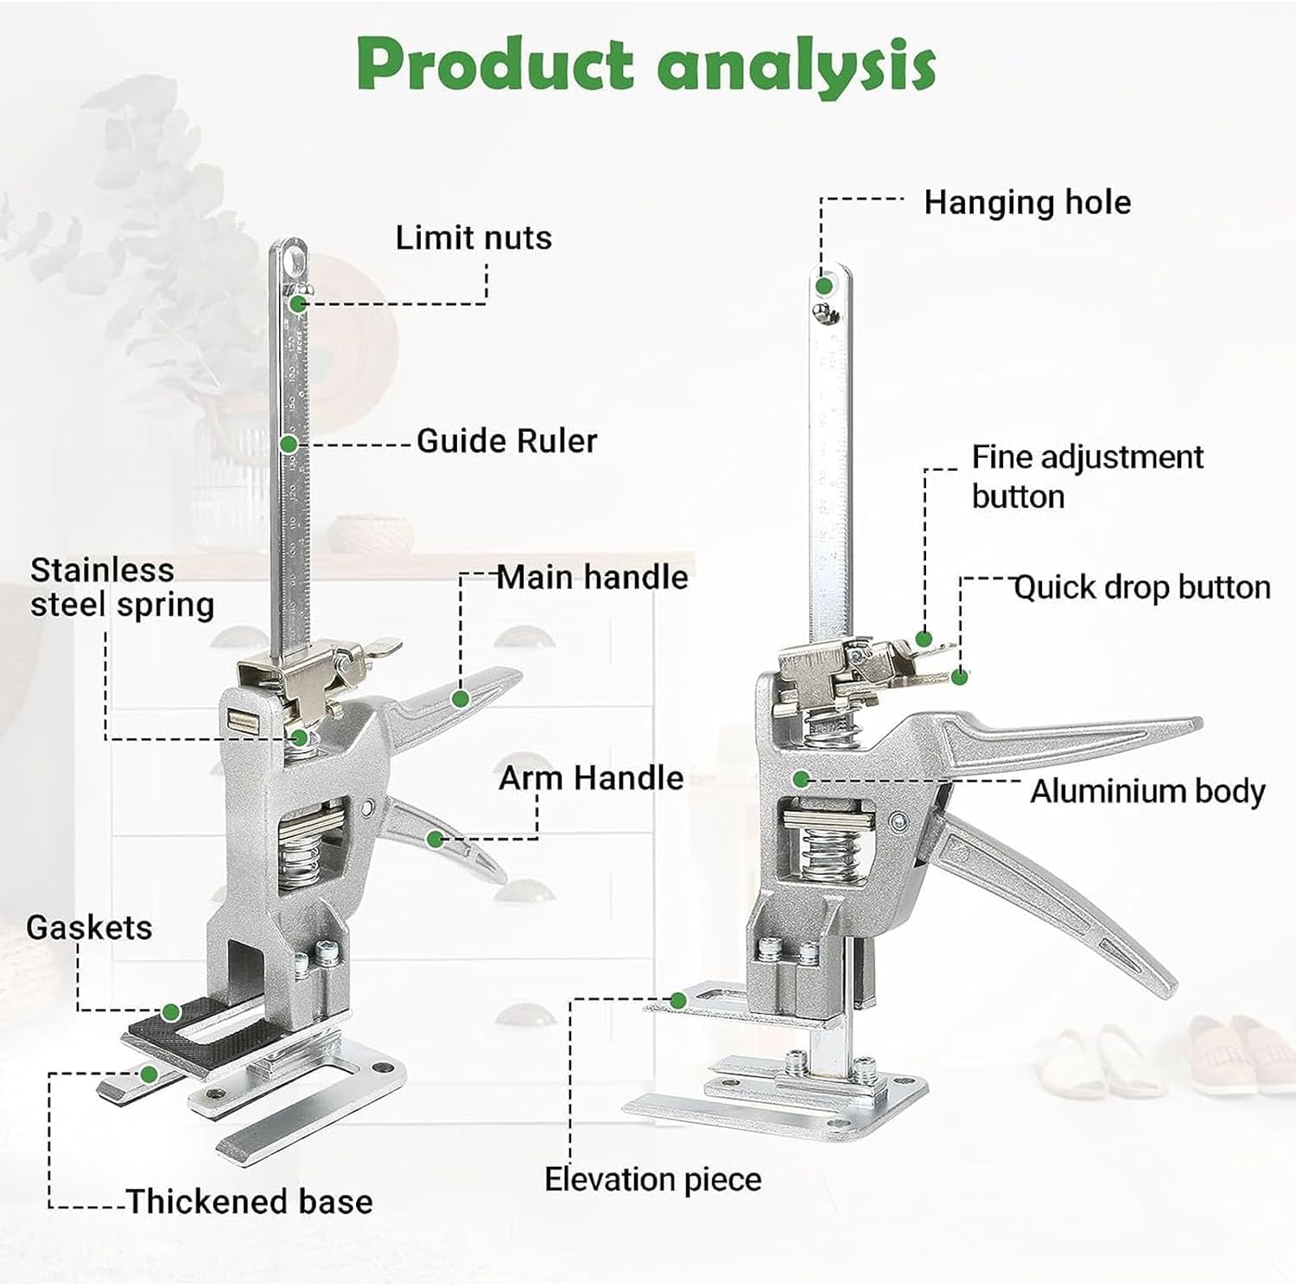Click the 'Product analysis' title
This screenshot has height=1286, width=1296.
pos(646,64)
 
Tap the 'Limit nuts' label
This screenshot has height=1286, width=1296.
pos(473,238)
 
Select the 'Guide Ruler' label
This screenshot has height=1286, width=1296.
pos(506,441)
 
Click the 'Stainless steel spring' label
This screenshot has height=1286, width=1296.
pos(122,587)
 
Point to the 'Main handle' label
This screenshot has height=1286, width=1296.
pos(593,577)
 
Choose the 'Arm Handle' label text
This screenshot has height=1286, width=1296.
pos(591,778)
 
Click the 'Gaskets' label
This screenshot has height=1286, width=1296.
pos(89,928)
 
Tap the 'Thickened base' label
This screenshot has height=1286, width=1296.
pos(250,1201)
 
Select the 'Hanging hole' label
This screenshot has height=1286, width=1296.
pos(1027,202)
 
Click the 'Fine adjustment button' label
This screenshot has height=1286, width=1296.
pos(1087,477)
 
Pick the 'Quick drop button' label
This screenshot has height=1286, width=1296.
pos(1141,587)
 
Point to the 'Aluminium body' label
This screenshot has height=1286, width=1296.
pos(1147,791)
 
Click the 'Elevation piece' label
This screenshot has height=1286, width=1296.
pos(653,1179)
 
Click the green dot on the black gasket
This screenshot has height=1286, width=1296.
pos(171,1011)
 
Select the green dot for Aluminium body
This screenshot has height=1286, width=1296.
pos(801,779)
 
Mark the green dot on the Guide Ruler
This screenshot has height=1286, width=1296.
pos(289,444)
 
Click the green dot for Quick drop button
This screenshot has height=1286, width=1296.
pos(959,677)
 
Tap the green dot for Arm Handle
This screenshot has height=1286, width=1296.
pos(435,839)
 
